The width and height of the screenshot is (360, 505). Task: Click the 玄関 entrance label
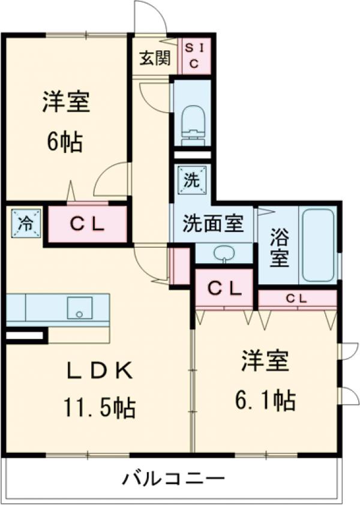(x=155, y=58)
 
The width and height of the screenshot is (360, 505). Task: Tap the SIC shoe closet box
(x=194, y=55)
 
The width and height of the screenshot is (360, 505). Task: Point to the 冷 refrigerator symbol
(x=25, y=224)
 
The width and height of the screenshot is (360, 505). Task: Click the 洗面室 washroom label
(x=213, y=224)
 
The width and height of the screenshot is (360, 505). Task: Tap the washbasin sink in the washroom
(x=224, y=253)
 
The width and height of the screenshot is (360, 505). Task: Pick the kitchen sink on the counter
(x=79, y=308)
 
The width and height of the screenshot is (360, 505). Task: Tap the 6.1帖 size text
(x=265, y=399)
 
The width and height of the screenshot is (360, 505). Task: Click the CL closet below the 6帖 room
(x=88, y=225)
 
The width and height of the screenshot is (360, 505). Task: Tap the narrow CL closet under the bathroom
(x=296, y=298)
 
